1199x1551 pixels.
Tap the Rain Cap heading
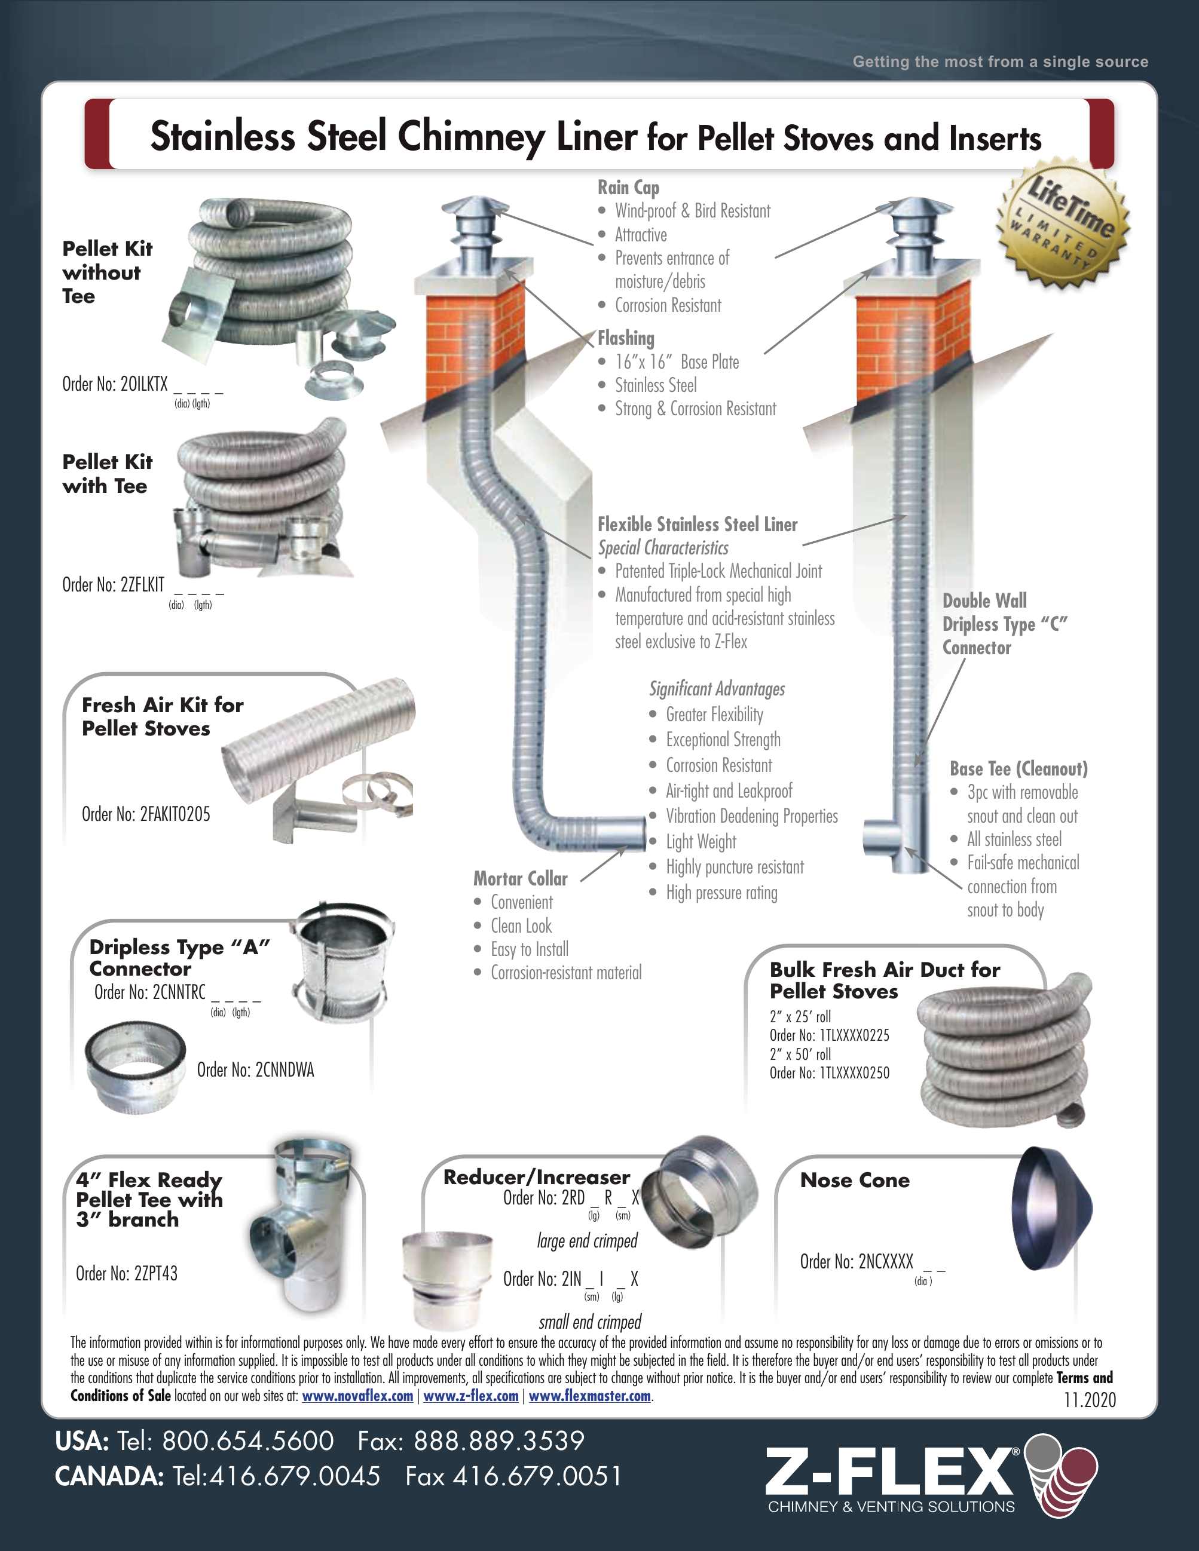[x=628, y=188]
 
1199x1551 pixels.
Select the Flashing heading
[x=626, y=338]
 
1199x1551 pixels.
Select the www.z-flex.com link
[x=470, y=1396]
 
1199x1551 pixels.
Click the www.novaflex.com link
[x=357, y=1396]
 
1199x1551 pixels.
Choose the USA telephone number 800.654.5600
[x=247, y=1441]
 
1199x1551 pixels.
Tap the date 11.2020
[x=1090, y=1400]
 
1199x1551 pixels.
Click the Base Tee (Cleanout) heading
[x=1018, y=768]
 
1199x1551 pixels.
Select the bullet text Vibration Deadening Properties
[x=751, y=816]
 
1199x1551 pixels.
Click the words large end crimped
[x=587, y=1241]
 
